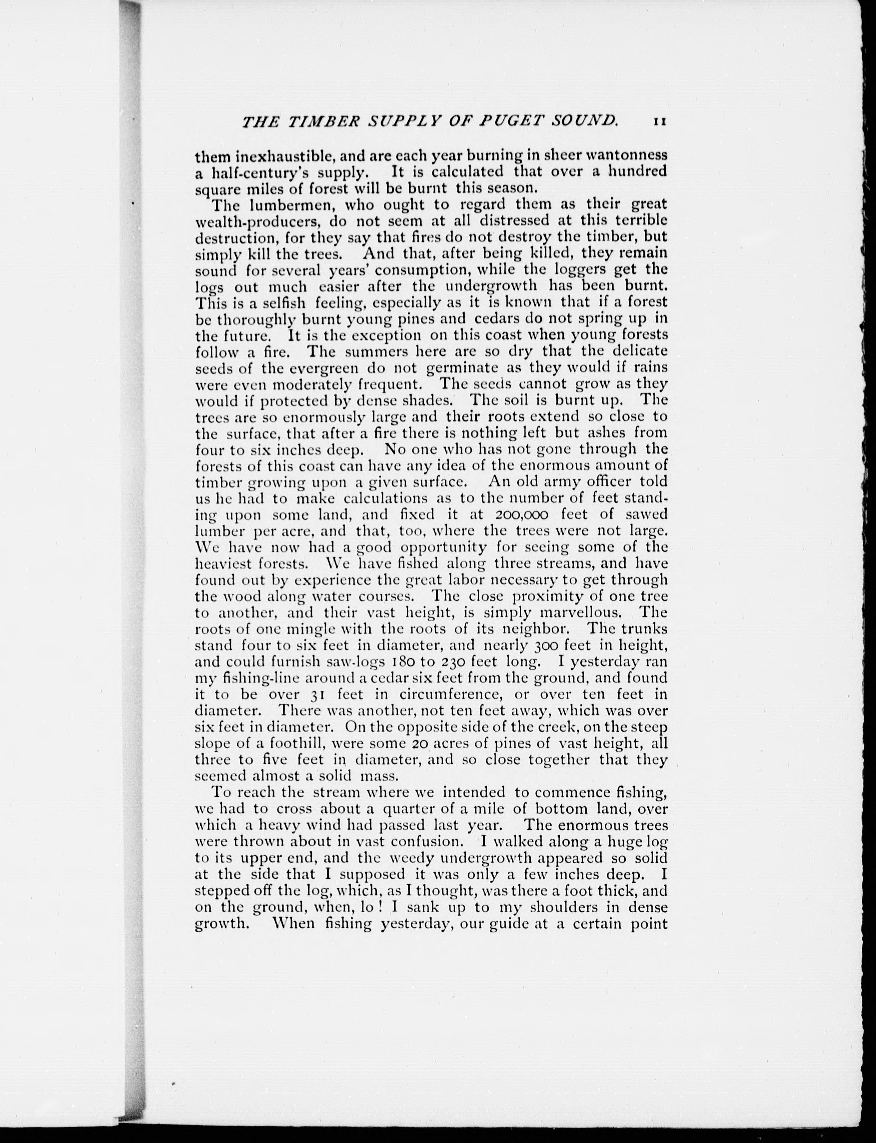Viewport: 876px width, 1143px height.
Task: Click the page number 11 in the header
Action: (659, 122)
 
